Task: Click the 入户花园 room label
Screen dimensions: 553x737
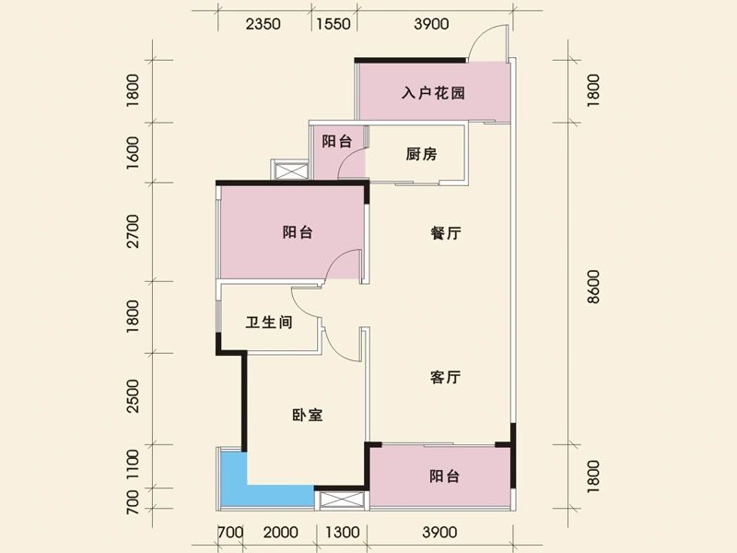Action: pyautogui.click(x=432, y=93)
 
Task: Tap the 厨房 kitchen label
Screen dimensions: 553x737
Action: pyautogui.click(x=420, y=154)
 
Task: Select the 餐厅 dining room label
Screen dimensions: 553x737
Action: pyautogui.click(x=445, y=234)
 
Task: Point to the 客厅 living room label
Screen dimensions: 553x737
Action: pyautogui.click(x=445, y=377)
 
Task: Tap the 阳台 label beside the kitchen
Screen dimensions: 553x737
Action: pyautogui.click(x=337, y=142)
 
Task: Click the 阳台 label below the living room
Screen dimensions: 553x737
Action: pyautogui.click(x=444, y=477)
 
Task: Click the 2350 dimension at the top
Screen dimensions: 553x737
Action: pyautogui.click(x=263, y=25)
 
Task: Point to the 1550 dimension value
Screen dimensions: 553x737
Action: pyautogui.click(x=333, y=25)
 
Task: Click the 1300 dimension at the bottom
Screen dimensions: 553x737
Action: pyautogui.click(x=341, y=532)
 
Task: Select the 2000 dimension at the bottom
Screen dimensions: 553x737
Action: pyautogui.click(x=280, y=532)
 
